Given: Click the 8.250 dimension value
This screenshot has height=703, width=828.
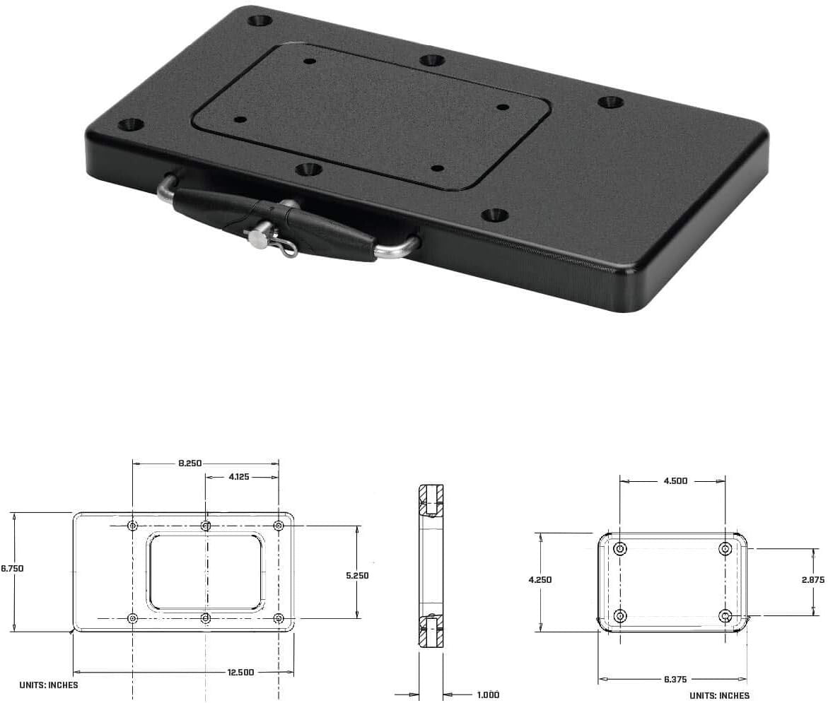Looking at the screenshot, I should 189,463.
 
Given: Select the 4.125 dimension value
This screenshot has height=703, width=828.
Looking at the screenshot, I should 238,477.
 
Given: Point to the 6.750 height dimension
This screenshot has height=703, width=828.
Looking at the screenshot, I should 12,567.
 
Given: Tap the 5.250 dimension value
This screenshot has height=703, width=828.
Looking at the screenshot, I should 357,575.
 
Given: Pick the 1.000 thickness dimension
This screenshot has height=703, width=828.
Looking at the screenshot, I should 487,695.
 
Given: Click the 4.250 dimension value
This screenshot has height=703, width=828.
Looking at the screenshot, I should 540,579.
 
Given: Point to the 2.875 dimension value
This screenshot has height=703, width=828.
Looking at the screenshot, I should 812,579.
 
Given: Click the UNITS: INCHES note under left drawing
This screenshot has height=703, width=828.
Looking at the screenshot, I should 49,685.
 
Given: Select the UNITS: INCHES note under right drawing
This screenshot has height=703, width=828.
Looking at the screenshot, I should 719,696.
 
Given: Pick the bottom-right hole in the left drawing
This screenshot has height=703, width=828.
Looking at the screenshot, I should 279,619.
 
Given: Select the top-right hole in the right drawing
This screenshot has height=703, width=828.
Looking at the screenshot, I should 725,549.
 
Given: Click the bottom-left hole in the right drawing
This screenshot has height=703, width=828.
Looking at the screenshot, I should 620,615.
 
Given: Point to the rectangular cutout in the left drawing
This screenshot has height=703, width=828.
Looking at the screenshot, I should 205,572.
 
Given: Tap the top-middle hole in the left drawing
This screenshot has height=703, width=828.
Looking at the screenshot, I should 206,526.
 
